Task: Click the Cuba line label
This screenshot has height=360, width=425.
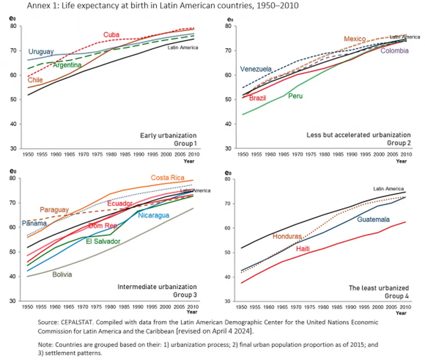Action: (112, 35)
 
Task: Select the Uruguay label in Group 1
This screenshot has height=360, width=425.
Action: (41, 52)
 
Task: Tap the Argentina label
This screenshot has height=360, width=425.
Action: (67, 65)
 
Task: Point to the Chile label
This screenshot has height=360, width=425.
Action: (35, 80)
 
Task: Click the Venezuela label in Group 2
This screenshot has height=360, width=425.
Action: (256, 69)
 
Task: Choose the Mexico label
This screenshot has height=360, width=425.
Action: (354, 39)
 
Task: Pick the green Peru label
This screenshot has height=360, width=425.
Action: (296, 96)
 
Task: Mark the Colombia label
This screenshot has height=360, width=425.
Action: (394, 51)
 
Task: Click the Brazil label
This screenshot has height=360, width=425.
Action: (257, 98)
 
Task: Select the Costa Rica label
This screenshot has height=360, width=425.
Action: (167, 178)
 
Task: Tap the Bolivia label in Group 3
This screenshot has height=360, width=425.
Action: (62, 275)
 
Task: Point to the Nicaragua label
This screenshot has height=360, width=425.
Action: (154, 215)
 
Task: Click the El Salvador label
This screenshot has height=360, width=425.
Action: (103, 241)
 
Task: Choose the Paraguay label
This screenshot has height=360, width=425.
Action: (54, 210)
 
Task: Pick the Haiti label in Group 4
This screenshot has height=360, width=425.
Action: (305, 249)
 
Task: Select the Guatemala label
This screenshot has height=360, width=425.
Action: (373, 219)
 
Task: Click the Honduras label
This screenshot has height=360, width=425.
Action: (287, 236)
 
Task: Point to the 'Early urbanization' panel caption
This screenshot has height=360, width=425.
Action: (168, 136)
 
